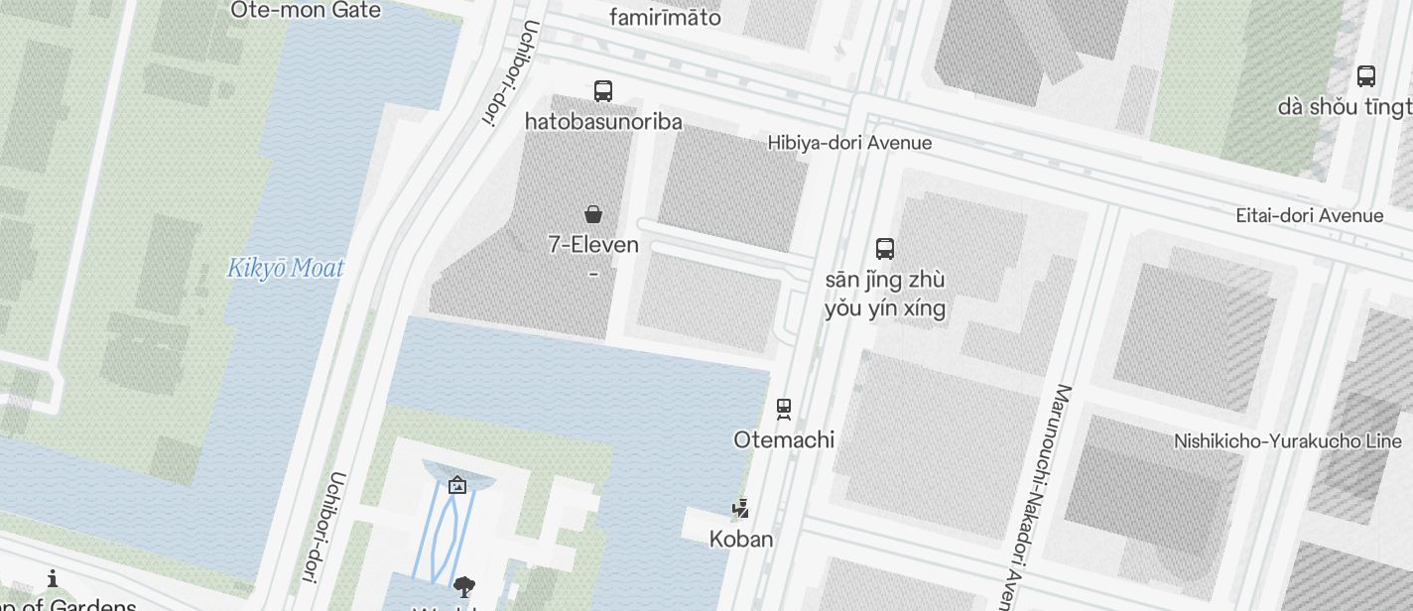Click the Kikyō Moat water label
(x=286, y=268)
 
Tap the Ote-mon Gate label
(x=305, y=11)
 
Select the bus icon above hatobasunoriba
(x=602, y=91)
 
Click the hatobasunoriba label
(x=603, y=122)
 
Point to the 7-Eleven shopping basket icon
(x=593, y=213)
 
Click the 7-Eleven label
(x=593, y=245)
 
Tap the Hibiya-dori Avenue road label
(x=849, y=143)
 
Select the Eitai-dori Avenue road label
(x=1309, y=215)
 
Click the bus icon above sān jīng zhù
(x=885, y=248)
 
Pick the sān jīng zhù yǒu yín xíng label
(x=885, y=294)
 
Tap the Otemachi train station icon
(x=784, y=408)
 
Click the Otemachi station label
(x=784, y=439)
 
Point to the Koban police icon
(x=740, y=509)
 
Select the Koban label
(x=740, y=540)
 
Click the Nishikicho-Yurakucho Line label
(x=1288, y=441)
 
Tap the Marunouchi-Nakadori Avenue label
(x=1033, y=496)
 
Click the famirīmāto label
(x=665, y=18)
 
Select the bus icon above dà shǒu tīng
(x=1365, y=75)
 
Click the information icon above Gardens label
(x=53, y=578)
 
